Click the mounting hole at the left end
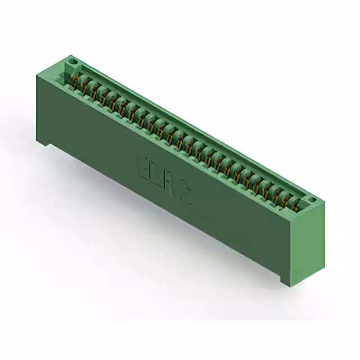71,59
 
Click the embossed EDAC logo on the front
165,178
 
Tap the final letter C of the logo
186,192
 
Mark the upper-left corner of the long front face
38,71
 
